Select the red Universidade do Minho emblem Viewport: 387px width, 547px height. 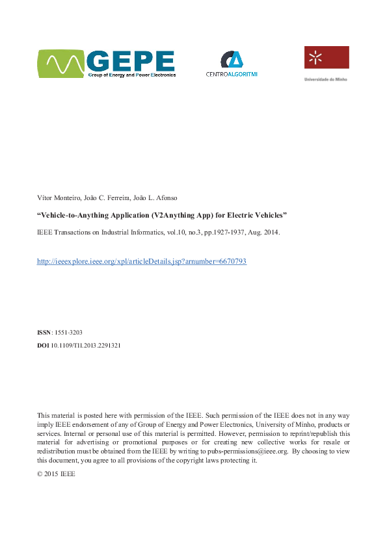coord(326,58)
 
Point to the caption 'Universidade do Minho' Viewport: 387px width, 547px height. coord(326,79)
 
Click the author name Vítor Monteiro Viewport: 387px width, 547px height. coord(57,197)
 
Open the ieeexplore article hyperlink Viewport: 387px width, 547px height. coord(142,261)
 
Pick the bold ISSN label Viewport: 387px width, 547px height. coord(44,332)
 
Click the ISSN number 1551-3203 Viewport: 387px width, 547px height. coord(68,332)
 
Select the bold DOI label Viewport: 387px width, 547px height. coord(43,346)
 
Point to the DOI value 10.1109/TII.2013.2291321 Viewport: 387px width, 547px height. coord(85,346)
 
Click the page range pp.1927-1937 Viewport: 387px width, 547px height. coord(221,231)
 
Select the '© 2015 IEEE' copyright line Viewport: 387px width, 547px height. coord(57,474)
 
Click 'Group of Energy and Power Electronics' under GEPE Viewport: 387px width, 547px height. coord(132,75)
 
